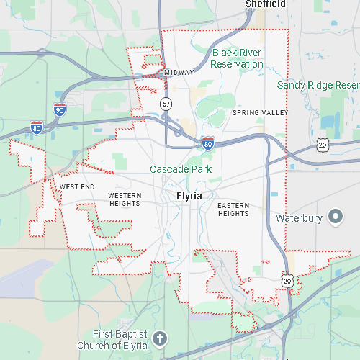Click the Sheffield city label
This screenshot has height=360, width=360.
point(265,4)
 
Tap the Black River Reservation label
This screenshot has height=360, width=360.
point(238,58)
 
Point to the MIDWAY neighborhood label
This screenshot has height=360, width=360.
point(179,73)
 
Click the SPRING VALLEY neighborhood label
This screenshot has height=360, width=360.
point(260,113)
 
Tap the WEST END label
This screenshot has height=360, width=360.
point(77,187)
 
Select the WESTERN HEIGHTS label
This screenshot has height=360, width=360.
point(125,200)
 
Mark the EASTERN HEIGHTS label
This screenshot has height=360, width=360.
point(233,210)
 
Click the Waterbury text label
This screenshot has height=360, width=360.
point(300,217)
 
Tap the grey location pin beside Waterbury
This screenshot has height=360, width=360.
point(335,216)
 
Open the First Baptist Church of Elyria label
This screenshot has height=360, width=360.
point(120,339)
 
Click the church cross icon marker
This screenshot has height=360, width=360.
point(160,337)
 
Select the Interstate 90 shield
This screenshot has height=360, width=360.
point(60,109)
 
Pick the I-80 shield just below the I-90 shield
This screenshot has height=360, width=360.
point(36,128)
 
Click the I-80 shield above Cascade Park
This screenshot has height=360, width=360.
point(208,143)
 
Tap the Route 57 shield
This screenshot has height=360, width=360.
point(166,104)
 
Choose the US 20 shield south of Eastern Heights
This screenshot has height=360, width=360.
point(288,281)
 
